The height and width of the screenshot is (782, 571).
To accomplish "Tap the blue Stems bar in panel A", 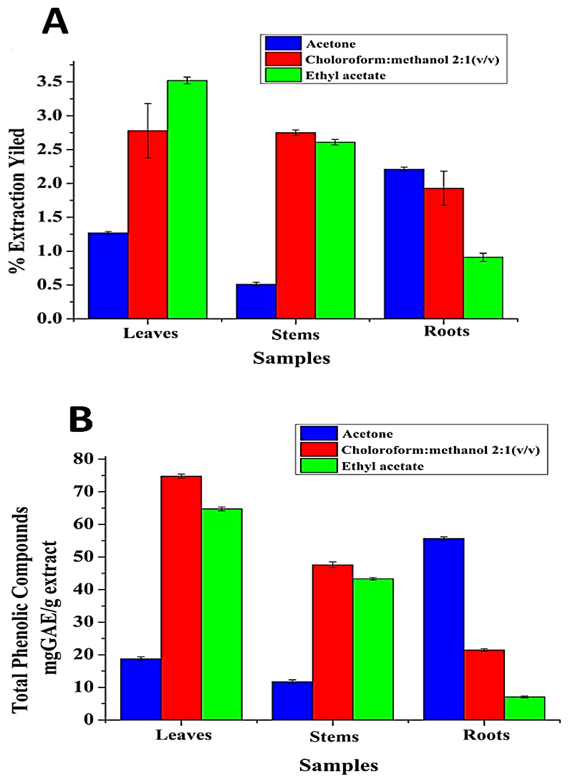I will (256, 301).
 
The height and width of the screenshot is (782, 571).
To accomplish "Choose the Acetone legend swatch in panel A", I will (283, 44).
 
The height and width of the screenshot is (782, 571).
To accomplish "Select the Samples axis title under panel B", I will (338, 765).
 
